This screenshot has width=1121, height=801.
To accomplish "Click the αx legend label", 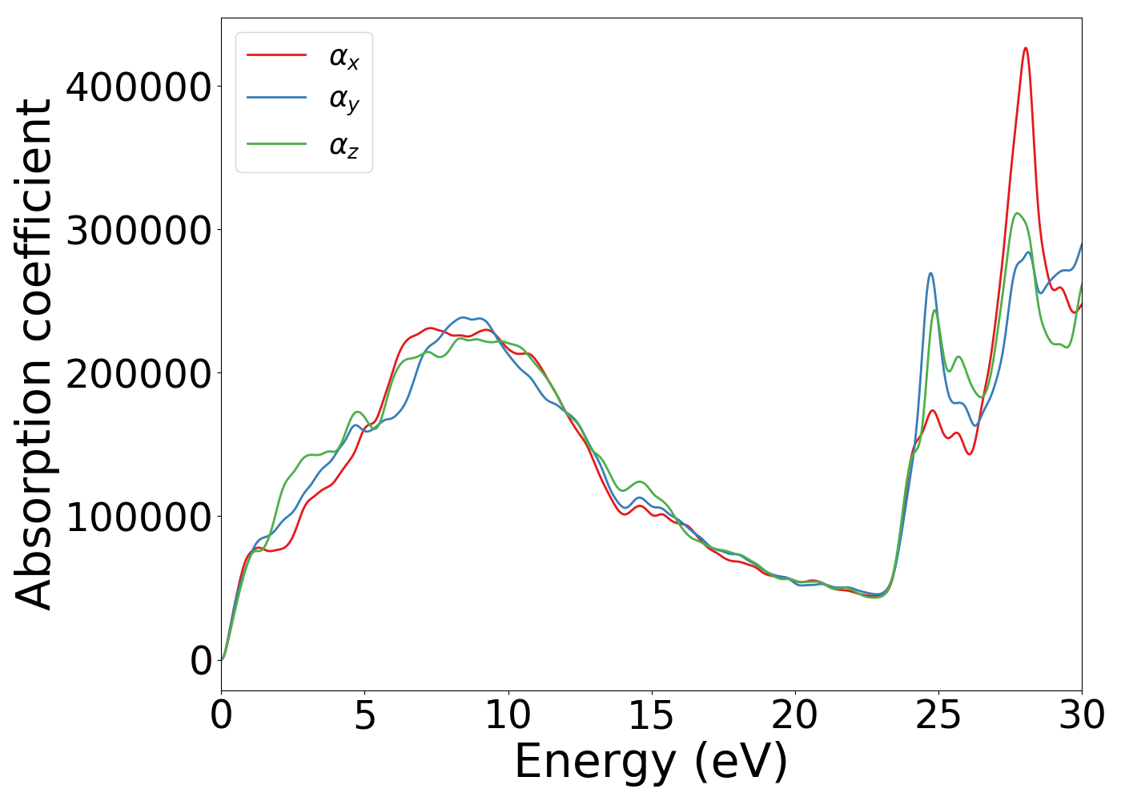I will click(x=344, y=58).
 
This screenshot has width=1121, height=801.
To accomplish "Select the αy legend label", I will click(x=344, y=101).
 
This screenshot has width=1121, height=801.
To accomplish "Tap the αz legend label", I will click(x=344, y=146).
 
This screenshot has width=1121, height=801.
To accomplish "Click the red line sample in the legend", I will click(x=276, y=54).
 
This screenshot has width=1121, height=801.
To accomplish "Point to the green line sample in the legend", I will click(x=276, y=143).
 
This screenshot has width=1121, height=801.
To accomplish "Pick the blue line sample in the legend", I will click(x=276, y=98).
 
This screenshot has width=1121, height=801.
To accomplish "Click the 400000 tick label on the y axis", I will click(x=139, y=87).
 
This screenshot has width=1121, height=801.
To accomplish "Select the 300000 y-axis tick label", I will click(x=139, y=230).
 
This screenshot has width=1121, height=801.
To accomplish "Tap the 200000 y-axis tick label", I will click(x=139, y=373).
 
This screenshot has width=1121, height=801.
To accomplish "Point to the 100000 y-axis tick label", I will click(x=139, y=517).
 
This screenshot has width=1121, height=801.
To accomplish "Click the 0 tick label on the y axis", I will click(x=201, y=661).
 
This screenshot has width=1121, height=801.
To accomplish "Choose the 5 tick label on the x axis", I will click(x=364, y=715).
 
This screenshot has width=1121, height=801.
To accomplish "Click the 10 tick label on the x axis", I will click(x=508, y=715).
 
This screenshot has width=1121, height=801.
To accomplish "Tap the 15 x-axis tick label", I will click(x=651, y=715).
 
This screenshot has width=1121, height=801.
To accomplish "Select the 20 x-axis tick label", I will click(x=795, y=715).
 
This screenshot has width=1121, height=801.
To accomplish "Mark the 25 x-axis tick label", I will click(x=938, y=715).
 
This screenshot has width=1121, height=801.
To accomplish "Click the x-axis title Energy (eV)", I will click(x=651, y=762).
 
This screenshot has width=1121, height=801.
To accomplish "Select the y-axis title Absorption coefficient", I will click(x=34, y=354).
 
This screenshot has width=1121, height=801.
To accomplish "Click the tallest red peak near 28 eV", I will click(x=1025, y=48).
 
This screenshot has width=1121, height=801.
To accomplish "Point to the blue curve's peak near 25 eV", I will click(x=930, y=273).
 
